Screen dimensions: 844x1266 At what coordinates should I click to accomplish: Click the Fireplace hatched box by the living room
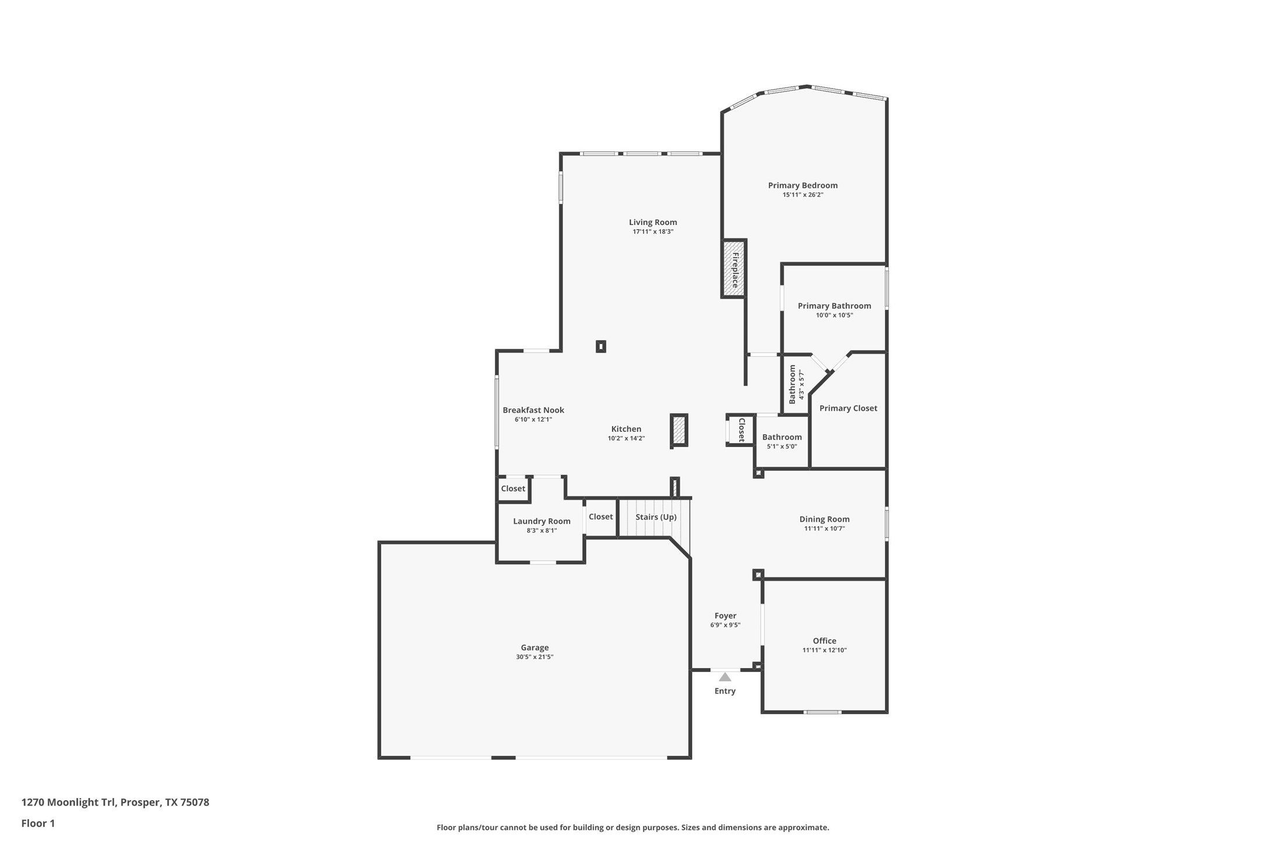734,269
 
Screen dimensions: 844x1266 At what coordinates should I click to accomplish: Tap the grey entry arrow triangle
725,677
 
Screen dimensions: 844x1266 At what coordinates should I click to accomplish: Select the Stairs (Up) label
656,517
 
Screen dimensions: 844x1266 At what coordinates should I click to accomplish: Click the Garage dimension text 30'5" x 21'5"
534,657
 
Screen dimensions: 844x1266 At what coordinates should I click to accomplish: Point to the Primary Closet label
847,409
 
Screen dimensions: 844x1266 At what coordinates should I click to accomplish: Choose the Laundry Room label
541,521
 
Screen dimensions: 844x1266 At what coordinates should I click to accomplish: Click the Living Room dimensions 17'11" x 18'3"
653,231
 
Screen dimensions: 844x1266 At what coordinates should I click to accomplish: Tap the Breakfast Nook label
533,410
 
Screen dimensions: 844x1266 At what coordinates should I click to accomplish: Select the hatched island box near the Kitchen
678,431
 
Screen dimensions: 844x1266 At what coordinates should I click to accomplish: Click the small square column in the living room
601,347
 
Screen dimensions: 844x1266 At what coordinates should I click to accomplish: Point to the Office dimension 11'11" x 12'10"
824,650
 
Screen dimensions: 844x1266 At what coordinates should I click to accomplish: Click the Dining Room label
824,519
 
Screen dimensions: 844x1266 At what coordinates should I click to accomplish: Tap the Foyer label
725,616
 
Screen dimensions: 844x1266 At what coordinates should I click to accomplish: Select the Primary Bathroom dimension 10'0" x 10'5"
834,315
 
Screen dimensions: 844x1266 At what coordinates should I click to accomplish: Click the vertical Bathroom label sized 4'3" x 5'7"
792,385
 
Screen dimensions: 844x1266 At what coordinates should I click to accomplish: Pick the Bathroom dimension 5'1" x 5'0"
782,446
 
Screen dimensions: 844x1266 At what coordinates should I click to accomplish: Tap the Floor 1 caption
38,823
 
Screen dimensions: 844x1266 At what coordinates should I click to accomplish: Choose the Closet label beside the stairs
600,517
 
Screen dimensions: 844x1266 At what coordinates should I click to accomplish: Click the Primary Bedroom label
802,185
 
